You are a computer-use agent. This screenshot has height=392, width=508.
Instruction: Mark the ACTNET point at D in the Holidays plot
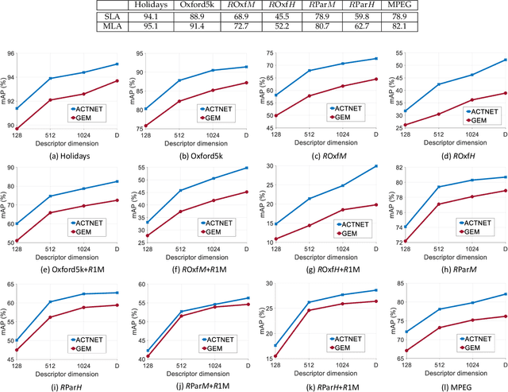click(x=117, y=64)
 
